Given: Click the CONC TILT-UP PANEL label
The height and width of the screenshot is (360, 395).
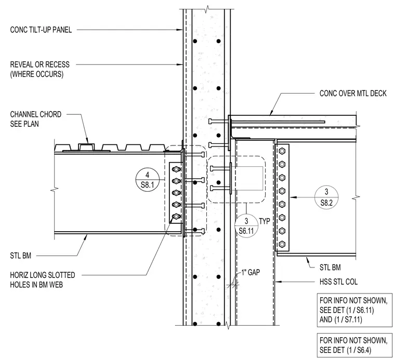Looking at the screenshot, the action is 41,30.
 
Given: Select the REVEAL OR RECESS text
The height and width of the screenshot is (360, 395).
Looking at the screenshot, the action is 40,64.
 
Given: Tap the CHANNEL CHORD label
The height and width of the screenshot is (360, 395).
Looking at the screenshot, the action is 35,114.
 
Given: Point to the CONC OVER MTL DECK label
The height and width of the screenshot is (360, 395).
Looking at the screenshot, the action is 353,94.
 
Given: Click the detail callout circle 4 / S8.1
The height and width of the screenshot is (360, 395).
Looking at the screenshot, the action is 148,180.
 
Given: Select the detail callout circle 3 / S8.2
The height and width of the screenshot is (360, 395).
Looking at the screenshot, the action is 326,197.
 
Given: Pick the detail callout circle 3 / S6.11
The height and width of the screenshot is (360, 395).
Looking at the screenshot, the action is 246,226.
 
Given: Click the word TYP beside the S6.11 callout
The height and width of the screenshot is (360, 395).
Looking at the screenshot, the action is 265,221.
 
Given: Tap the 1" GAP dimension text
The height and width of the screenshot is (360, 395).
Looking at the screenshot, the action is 251,272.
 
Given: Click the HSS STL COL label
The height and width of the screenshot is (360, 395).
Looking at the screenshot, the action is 338,282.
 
